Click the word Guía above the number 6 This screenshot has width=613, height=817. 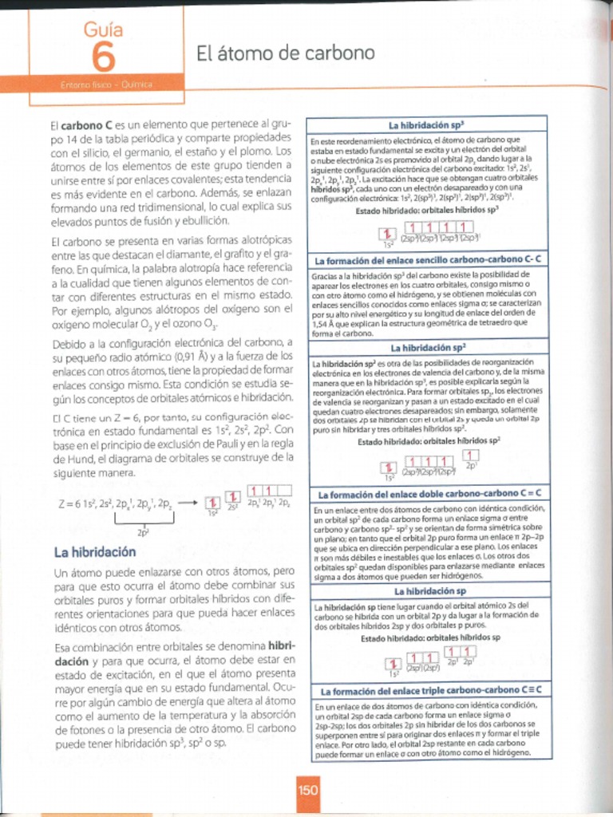(x=103, y=30)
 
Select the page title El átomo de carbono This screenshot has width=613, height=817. (x=285, y=53)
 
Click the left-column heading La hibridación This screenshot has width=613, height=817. (x=94, y=552)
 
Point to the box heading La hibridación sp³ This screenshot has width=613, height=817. (x=427, y=125)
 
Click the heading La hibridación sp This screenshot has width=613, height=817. (x=429, y=591)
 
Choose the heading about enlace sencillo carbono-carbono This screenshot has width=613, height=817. (x=429, y=260)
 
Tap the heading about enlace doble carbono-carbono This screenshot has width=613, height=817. (x=429, y=493)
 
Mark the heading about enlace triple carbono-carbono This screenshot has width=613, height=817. (x=429, y=689)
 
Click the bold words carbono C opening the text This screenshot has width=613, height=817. (x=86, y=126)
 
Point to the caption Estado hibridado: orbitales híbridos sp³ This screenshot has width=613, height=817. (x=427, y=210)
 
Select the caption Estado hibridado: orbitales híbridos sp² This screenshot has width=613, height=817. (x=429, y=440)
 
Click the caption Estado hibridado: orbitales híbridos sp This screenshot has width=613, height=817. (x=429, y=637)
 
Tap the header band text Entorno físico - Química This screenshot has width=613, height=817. (x=105, y=84)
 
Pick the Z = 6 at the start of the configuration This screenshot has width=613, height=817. (x=69, y=504)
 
